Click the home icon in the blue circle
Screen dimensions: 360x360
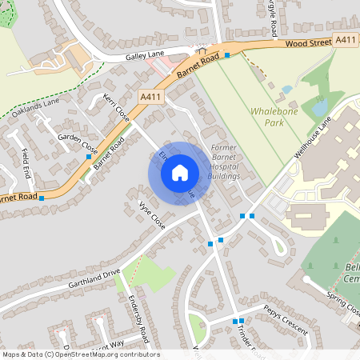pyautogui.click(x=180, y=172)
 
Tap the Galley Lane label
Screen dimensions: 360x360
pyautogui.click(x=144, y=58)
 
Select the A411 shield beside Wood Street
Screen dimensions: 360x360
pyautogui.click(x=346, y=40)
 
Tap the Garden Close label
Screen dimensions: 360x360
pyautogui.click(x=78, y=143)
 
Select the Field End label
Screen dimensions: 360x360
pyautogui.click(x=26, y=163)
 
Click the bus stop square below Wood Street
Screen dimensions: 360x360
pyautogui.click(x=227, y=55)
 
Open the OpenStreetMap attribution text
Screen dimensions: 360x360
pyautogui.click(x=80, y=354)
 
